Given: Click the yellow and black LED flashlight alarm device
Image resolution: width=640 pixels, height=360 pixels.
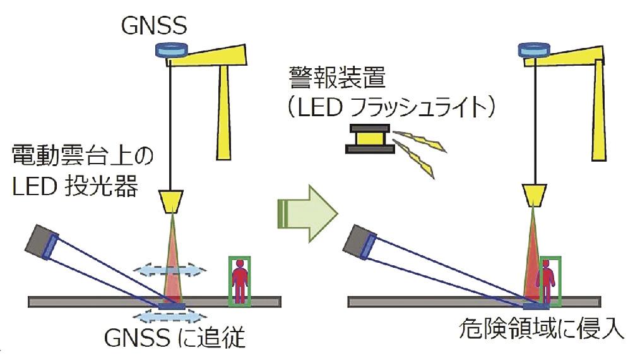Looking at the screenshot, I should (x=369, y=140).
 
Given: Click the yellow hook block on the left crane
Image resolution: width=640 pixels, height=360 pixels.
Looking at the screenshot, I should (x=172, y=200).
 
